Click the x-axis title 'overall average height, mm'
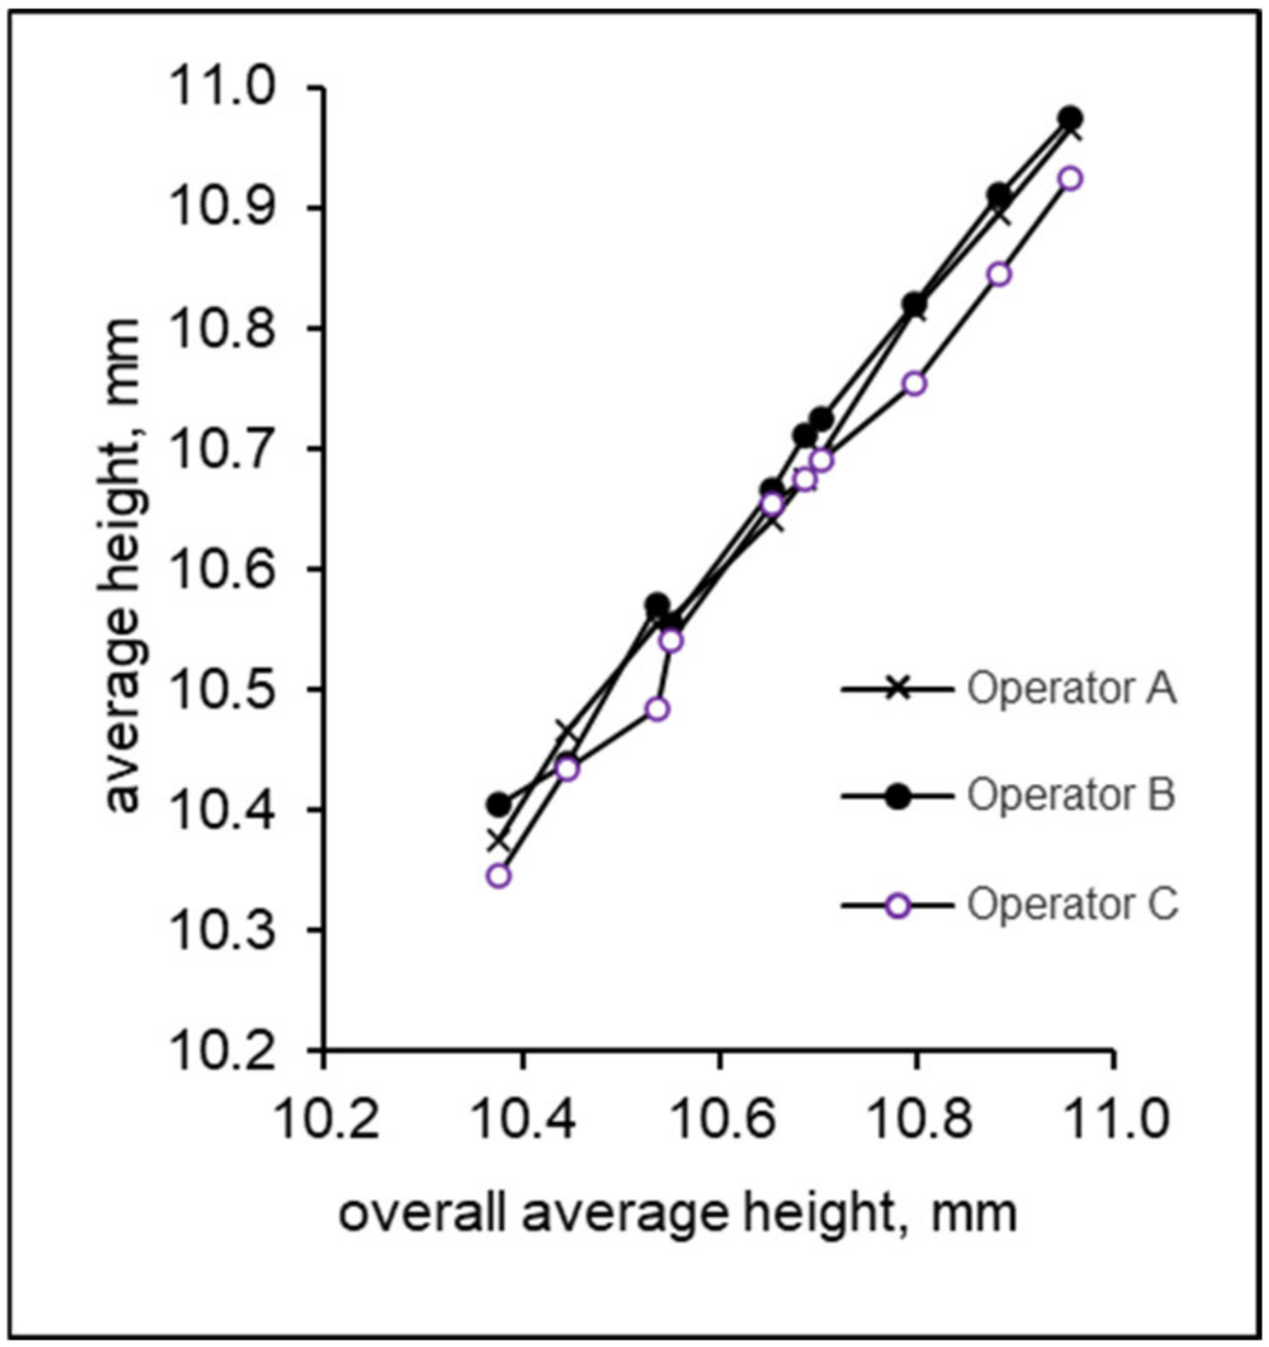677,1213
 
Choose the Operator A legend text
1072,689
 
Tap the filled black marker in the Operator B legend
899,796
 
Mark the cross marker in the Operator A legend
899,689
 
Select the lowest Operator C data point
499,875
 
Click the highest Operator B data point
1070,118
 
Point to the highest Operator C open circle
1071,178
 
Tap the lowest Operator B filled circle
499,804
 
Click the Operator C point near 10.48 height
658,709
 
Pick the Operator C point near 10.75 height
914,383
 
